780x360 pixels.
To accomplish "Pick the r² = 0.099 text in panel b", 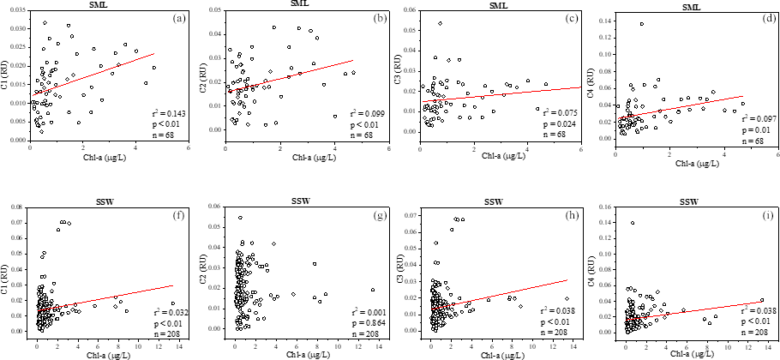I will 361,113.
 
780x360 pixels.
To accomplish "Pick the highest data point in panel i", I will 633,223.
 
